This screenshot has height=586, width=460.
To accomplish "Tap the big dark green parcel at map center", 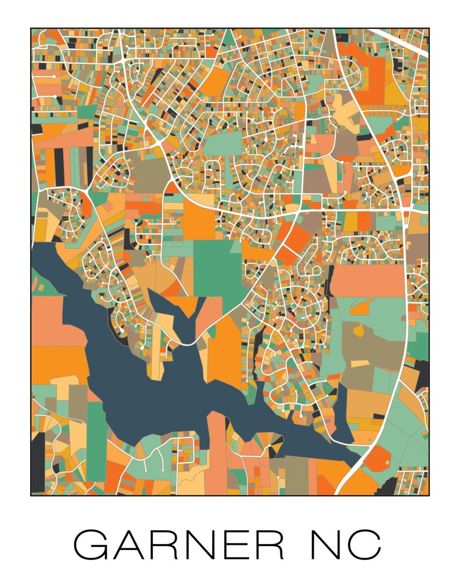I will pos(216,267).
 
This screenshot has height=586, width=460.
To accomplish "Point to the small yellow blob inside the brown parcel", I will pos(358,330).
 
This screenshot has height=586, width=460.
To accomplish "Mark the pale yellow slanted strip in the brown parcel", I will pos(360,364).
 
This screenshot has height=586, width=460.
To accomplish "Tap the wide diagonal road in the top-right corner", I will pos(400,42).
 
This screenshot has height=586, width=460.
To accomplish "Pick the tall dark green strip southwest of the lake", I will pos(96,441).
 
